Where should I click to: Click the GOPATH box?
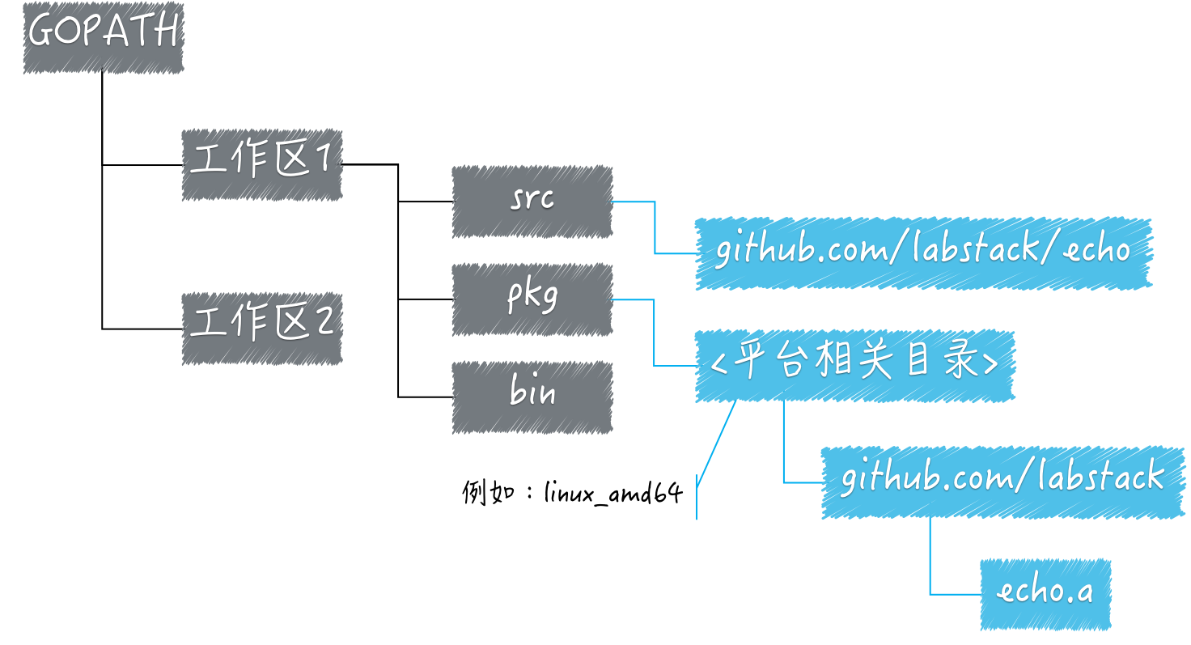pyautogui.click(x=104, y=38)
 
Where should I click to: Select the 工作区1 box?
pyautogui.click(x=261, y=165)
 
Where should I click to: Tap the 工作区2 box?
pyautogui.click(x=261, y=329)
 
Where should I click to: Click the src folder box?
pyautogui.click(x=532, y=202)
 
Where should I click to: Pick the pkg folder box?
pyautogui.click(x=532, y=299)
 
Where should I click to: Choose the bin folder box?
pyautogui.click(x=532, y=397)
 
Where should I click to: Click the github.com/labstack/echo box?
pyautogui.click(x=923, y=253)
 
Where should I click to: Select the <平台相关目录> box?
pyautogui.click(x=855, y=366)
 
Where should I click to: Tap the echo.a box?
pyautogui.click(x=1046, y=595)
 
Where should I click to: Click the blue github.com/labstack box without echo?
pyautogui.click(x=1002, y=482)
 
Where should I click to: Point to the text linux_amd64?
pyautogui.click(x=613, y=493)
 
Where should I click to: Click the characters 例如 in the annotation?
pyautogui.click(x=488, y=492)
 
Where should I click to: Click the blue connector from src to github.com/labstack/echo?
pyautogui.click(x=655, y=227)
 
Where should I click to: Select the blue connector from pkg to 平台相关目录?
pyautogui.click(x=654, y=333)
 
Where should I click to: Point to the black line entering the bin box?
pyautogui.click(x=426, y=397)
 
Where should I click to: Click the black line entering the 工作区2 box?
pyautogui.click(x=142, y=329)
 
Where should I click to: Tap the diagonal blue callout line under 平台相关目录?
pyautogui.click(x=716, y=443)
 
